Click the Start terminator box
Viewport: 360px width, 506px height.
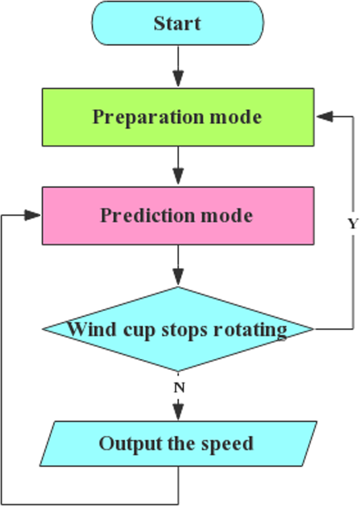click(x=177, y=23)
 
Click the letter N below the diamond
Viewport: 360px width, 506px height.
click(x=178, y=388)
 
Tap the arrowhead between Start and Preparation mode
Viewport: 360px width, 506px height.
click(x=178, y=79)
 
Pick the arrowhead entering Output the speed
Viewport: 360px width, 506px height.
click(x=178, y=410)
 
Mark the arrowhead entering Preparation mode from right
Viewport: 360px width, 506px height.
click(x=325, y=117)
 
